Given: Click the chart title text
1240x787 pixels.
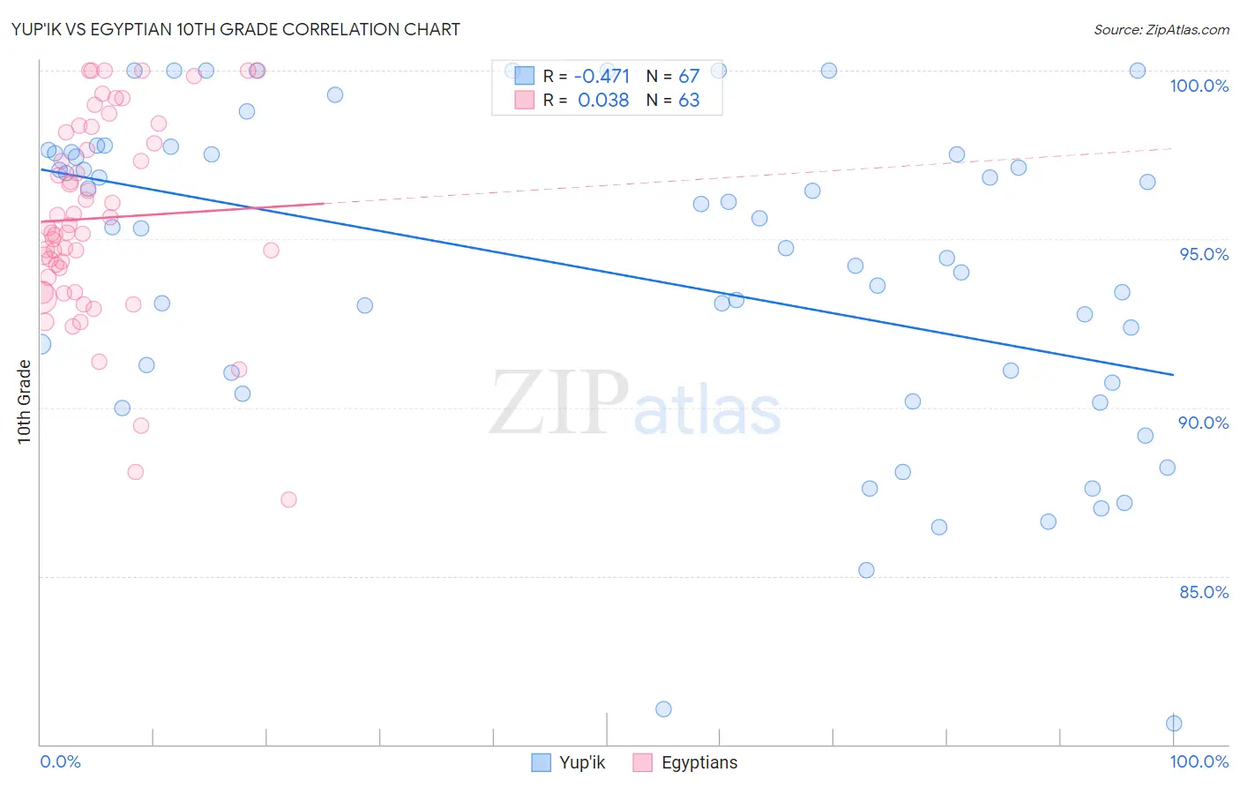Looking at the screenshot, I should pos(236,29).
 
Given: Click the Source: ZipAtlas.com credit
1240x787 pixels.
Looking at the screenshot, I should pos(1161,30).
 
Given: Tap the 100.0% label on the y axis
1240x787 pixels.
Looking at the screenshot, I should pos(1199,86).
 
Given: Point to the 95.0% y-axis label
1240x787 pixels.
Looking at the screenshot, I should pos(1204,254).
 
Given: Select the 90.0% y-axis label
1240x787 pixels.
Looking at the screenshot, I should pos(1204,423).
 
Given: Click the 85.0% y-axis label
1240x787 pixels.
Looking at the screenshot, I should pos(1204,592).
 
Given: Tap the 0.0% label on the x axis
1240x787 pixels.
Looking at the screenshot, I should pos(60,761).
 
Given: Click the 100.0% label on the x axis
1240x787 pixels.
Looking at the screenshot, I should pos(1199,761).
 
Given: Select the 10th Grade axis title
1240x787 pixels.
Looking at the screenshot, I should pos(25,401).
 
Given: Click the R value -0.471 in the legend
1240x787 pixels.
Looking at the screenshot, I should pos(602,77).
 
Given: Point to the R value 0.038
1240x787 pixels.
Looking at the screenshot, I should pos(603,101).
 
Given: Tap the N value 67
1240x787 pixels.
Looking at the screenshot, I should pos(689,77).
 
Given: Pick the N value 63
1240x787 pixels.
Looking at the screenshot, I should pos(689,101).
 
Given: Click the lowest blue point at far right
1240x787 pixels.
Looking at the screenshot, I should pos(1174,723).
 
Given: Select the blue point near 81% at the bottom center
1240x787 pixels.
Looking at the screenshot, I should pos(663,709).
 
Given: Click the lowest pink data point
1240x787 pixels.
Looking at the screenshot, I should pos(288,499).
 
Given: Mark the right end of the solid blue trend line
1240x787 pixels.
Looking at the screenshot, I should pos(1173,375).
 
